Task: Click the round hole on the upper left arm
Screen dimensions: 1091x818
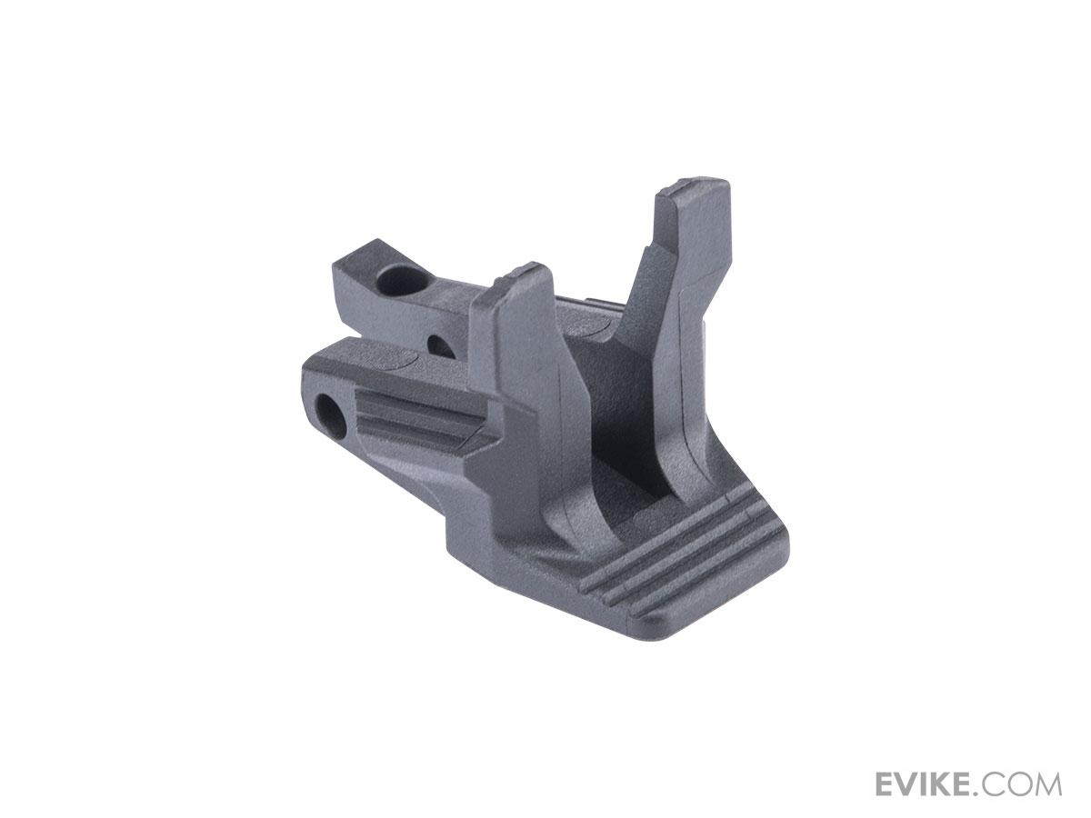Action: point(403,279)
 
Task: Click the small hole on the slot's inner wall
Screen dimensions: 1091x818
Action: point(441,346)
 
